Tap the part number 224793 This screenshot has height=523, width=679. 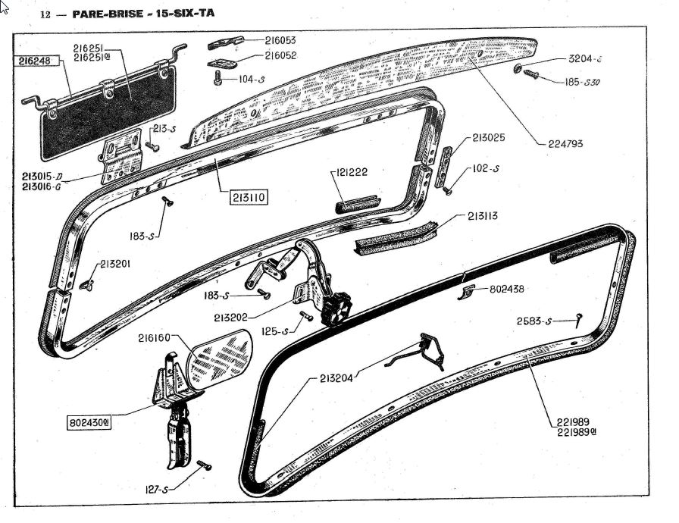click(x=568, y=143)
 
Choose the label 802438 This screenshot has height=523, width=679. click(x=507, y=289)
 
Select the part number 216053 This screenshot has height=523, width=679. click(x=280, y=40)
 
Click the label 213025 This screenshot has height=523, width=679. click(x=488, y=138)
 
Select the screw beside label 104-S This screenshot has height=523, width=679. click(x=218, y=77)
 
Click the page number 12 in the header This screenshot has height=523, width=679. click(x=45, y=14)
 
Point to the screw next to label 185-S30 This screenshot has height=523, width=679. click(x=530, y=76)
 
